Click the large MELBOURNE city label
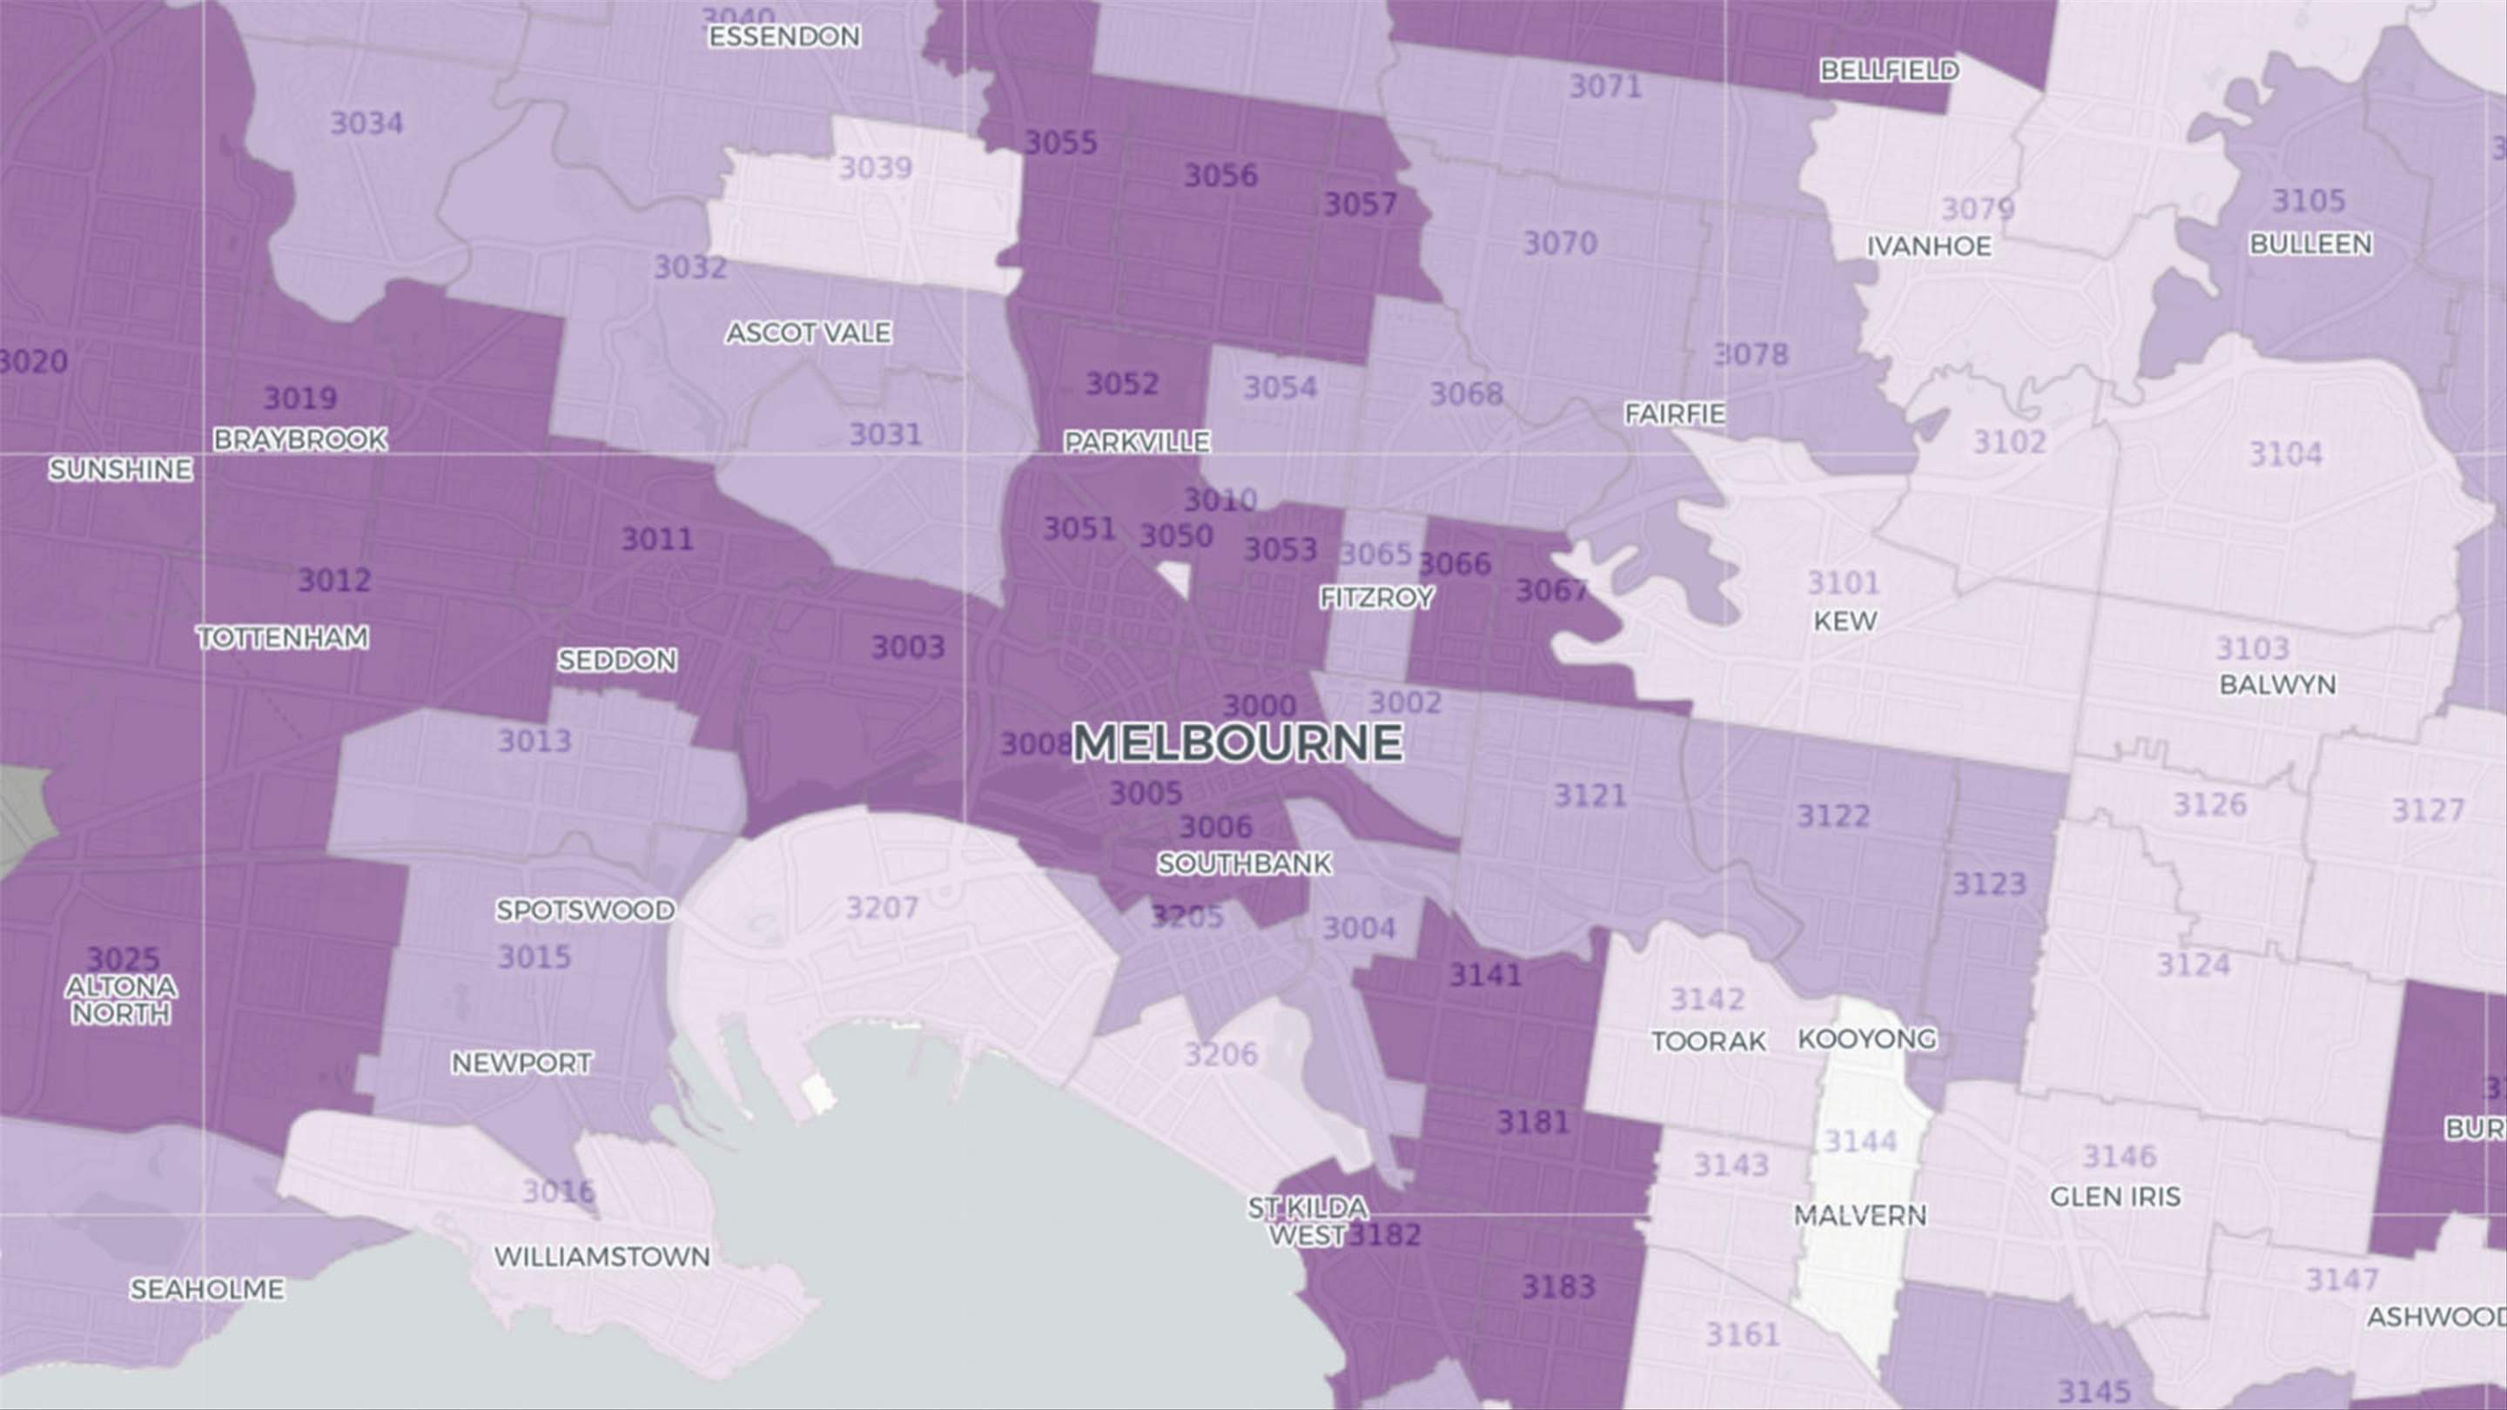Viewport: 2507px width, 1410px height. [x=1237, y=743]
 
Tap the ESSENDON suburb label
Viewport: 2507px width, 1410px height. [x=784, y=37]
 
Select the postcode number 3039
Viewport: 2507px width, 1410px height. [x=875, y=168]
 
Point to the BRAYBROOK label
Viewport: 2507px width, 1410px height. [x=299, y=440]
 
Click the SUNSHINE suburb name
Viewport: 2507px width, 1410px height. [x=121, y=470]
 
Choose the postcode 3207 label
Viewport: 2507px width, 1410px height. [x=882, y=908]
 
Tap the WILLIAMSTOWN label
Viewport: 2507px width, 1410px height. [x=602, y=1257]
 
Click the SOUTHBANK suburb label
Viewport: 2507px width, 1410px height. [x=1244, y=864]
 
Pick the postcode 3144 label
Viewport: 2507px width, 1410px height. [x=1860, y=1140]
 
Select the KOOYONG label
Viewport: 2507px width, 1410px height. [x=1866, y=1039]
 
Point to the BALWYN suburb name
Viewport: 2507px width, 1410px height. [x=2277, y=685]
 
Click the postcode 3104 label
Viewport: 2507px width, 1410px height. [x=2285, y=453]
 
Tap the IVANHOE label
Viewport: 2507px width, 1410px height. [x=1928, y=246]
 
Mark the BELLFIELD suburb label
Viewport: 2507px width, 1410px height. [x=1889, y=70]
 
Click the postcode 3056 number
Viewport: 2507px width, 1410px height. [x=1220, y=176]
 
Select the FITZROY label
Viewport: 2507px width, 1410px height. [x=1376, y=597]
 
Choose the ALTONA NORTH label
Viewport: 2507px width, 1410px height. [x=121, y=1000]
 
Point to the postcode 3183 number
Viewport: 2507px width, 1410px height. [x=1558, y=1287]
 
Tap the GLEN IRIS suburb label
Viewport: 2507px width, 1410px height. [x=2114, y=1197]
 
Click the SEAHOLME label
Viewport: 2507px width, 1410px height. [x=206, y=1289]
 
